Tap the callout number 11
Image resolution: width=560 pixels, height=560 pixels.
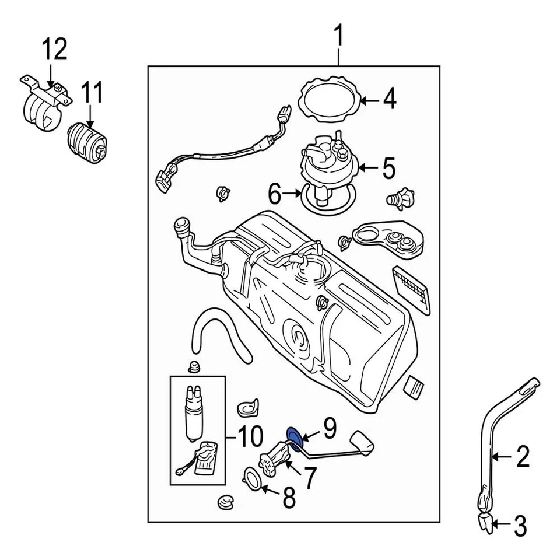point(92,93)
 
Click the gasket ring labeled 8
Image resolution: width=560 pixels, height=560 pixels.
point(252,478)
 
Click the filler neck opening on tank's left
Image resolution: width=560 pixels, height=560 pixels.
point(181,225)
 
